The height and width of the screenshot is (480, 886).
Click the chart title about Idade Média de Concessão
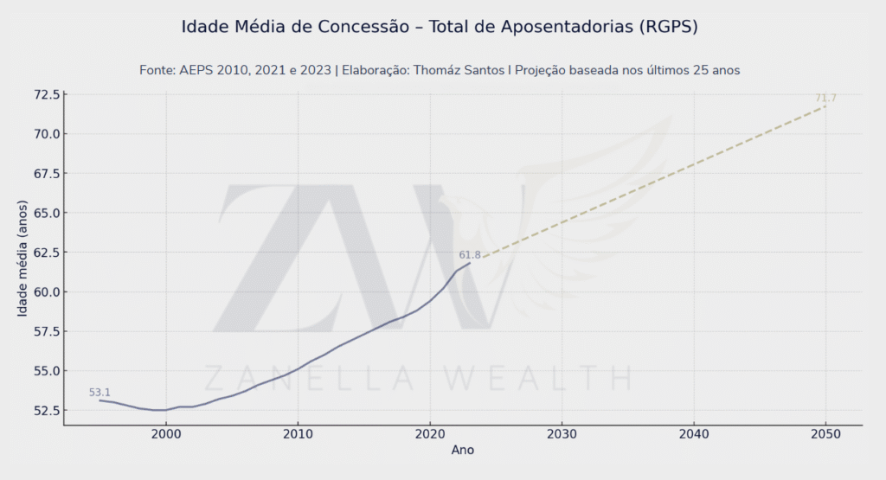pyautogui.click(x=440, y=26)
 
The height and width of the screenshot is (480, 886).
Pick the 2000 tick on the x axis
pyautogui.click(x=165, y=434)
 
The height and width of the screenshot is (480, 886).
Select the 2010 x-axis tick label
pyautogui.click(x=298, y=434)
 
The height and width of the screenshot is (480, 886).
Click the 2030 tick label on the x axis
pyautogui.click(x=562, y=434)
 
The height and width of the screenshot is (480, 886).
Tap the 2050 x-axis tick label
pyautogui.click(x=825, y=434)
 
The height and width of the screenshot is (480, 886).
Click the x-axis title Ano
pyautogui.click(x=463, y=451)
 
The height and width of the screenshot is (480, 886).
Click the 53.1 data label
pyautogui.click(x=100, y=393)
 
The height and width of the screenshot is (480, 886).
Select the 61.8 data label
pyautogui.click(x=470, y=255)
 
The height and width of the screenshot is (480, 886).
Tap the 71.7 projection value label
pyautogui.click(x=825, y=99)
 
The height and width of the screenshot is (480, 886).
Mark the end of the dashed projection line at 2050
pyautogui.click(x=825, y=106)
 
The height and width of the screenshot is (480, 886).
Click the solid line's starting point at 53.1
pyautogui.click(x=100, y=400)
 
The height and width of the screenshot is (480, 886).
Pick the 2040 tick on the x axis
pyautogui.click(x=694, y=434)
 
